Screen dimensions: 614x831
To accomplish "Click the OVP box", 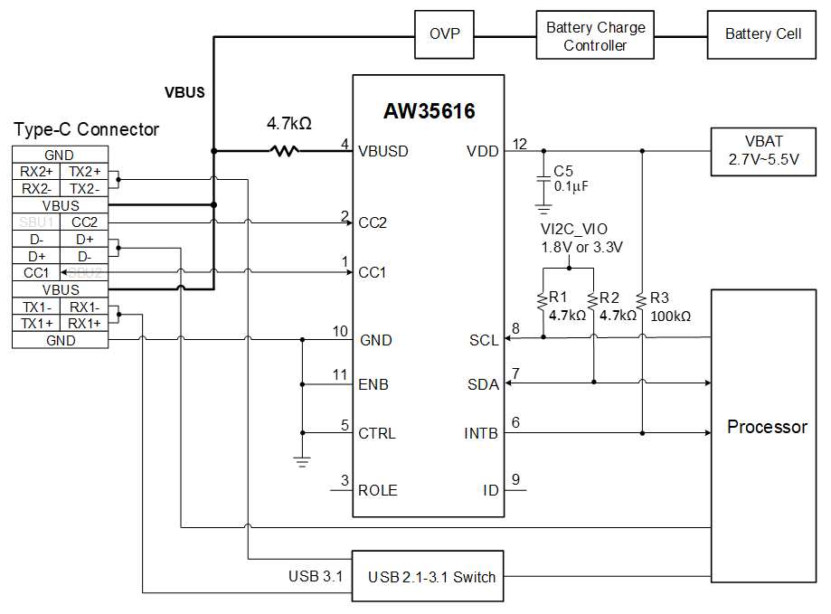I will (x=444, y=34).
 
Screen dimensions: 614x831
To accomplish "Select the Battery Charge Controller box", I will (x=595, y=35).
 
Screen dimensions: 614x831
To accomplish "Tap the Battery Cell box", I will (x=762, y=34).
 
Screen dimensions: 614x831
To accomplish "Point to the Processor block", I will (x=766, y=427).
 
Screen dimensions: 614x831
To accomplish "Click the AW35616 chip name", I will (x=429, y=111).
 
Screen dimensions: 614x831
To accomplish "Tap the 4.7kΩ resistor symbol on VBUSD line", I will (x=284, y=150).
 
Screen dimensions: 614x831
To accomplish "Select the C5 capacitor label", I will (x=563, y=170).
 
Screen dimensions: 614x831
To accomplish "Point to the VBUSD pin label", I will (x=382, y=151).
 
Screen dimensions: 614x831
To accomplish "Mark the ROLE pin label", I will (x=377, y=490).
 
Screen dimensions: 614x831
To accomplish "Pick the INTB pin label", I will (x=481, y=433).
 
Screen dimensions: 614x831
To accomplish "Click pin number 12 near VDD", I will (x=519, y=144).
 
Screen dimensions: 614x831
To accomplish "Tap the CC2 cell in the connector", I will (x=84, y=222).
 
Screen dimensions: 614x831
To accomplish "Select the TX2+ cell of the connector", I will (x=84, y=172).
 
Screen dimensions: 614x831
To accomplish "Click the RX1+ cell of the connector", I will (x=84, y=324).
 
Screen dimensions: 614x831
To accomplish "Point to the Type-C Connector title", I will (x=86, y=130).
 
